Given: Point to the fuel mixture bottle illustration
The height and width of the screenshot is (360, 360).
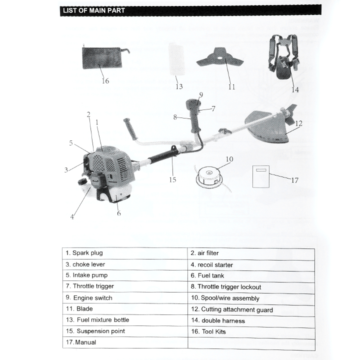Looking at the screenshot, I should click(175, 59).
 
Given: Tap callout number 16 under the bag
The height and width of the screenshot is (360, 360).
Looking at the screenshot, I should click(105, 80).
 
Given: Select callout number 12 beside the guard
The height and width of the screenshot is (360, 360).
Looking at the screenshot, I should click(298, 123).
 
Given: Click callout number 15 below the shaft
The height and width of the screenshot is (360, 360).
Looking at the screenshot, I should click(172, 179).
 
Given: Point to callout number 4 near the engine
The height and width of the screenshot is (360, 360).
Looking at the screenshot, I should click(72, 216).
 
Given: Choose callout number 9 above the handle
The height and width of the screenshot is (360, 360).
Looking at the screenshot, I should click(200, 94).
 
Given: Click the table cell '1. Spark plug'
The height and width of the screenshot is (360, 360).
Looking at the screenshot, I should click(125, 253).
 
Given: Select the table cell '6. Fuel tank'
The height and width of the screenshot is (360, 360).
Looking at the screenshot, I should click(251, 275).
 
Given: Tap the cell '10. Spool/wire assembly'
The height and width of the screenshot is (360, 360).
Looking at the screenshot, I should click(251, 298).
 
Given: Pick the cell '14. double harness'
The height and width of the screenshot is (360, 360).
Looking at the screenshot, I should click(251, 320).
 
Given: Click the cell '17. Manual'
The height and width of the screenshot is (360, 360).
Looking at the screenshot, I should click(125, 342).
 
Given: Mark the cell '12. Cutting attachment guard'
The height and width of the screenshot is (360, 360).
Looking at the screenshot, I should click(251, 309).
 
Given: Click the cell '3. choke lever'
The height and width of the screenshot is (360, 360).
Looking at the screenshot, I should click(125, 264).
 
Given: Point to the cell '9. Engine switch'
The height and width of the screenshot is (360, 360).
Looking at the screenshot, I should click(125, 298).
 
